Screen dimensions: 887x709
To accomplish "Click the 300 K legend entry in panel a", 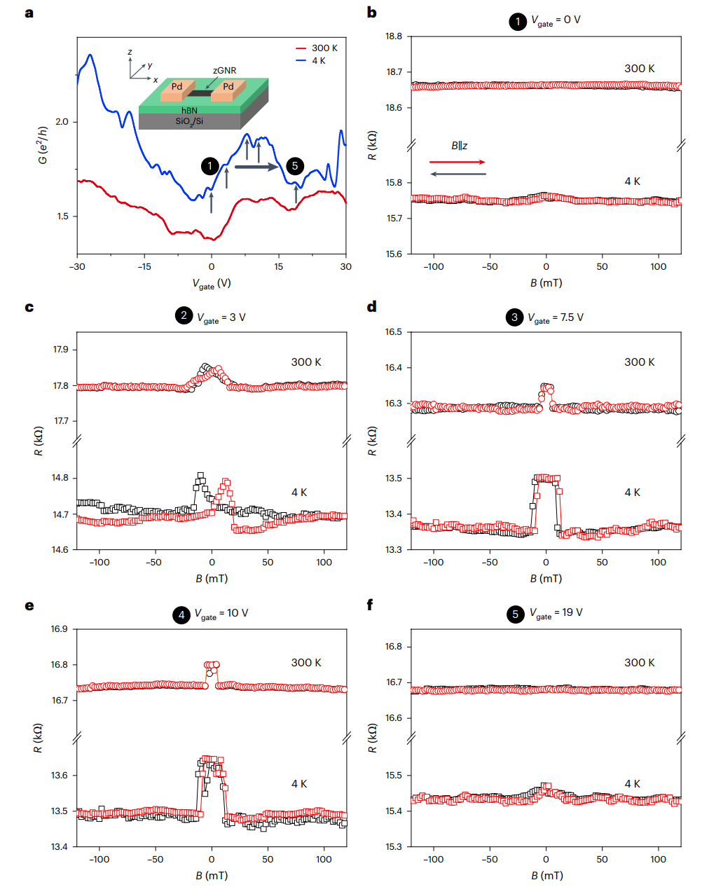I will coord(324,48).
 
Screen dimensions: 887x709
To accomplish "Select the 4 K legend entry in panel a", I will coord(318,61).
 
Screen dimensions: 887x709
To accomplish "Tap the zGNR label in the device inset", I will coord(225,71).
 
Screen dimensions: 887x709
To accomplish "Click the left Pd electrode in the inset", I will coord(177,88).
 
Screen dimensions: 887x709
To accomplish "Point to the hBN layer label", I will coord(189,111).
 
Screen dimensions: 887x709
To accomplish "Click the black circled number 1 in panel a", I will coord(209,166).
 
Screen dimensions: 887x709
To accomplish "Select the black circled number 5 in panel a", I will coord(295,166).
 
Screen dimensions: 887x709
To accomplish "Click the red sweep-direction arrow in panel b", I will coord(457,163).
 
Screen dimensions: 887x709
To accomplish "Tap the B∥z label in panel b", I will coord(460,146).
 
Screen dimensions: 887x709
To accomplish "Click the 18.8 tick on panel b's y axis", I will coord(394,36).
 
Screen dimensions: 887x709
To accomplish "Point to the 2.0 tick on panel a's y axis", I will coord(62,122).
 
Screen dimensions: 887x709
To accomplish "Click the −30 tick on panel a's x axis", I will coord(77,267).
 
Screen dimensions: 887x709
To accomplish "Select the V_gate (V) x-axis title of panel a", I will coord(212,284).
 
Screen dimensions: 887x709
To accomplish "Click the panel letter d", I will coord(372,307).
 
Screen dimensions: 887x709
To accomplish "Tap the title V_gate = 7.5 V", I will coord(555,318).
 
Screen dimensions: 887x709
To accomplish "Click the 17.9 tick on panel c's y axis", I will coord(61,350).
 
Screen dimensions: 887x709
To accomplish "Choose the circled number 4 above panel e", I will coord(181,615).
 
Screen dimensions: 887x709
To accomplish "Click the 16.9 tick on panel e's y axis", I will coord(60,629).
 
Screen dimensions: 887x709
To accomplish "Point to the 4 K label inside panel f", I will coord(633,784).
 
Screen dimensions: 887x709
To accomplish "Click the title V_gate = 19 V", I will coord(556,613).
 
